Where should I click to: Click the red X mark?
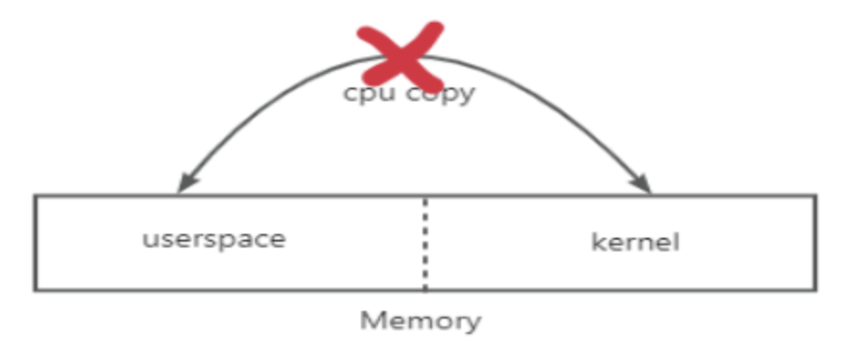pos(400,56)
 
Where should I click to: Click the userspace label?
pos(214,240)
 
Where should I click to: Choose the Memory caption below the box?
pos(421,321)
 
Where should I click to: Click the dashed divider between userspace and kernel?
pos(425,244)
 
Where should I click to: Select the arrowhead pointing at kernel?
pos(642,183)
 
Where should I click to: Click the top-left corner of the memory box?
pos(36,196)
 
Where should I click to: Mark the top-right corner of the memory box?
pos(815,196)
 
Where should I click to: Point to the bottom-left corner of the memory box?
pos(36,291)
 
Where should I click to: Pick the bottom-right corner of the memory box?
pos(815,291)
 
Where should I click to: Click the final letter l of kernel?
pos(676,241)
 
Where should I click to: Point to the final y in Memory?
pos(473,323)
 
